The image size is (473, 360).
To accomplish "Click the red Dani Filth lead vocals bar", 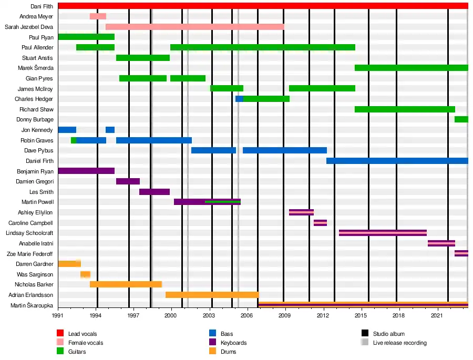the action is [263, 6].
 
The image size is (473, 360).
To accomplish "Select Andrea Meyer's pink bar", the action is [98, 16].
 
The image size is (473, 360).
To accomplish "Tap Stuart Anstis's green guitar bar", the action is [143, 58].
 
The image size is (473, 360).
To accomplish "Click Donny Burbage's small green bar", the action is [461, 119].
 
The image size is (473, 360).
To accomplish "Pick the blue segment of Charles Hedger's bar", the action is [239, 99].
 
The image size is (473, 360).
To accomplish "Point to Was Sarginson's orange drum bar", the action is [85, 274].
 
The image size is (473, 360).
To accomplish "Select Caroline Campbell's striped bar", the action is [321, 223].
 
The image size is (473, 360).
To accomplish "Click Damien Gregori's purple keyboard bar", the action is [128, 181].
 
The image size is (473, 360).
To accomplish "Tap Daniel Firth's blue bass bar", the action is [397, 161].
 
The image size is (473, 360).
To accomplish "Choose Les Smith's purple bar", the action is [155, 192].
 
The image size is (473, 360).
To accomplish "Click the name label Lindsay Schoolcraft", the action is [29, 233].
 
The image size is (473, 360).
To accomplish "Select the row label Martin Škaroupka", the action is [32, 305].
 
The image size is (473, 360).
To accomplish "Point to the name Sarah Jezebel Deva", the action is [29, 27].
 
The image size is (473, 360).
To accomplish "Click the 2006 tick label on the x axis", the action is [247, 315].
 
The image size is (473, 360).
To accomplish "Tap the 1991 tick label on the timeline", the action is [58, 315].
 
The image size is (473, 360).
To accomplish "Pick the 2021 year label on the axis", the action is [437, 315].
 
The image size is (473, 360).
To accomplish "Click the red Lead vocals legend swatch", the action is [60, 333].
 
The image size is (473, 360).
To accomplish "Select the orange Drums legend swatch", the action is [213, 351].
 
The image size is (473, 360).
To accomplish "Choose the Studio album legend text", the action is [389, 334].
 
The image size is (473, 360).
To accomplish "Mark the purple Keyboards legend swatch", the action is [213, 342].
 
